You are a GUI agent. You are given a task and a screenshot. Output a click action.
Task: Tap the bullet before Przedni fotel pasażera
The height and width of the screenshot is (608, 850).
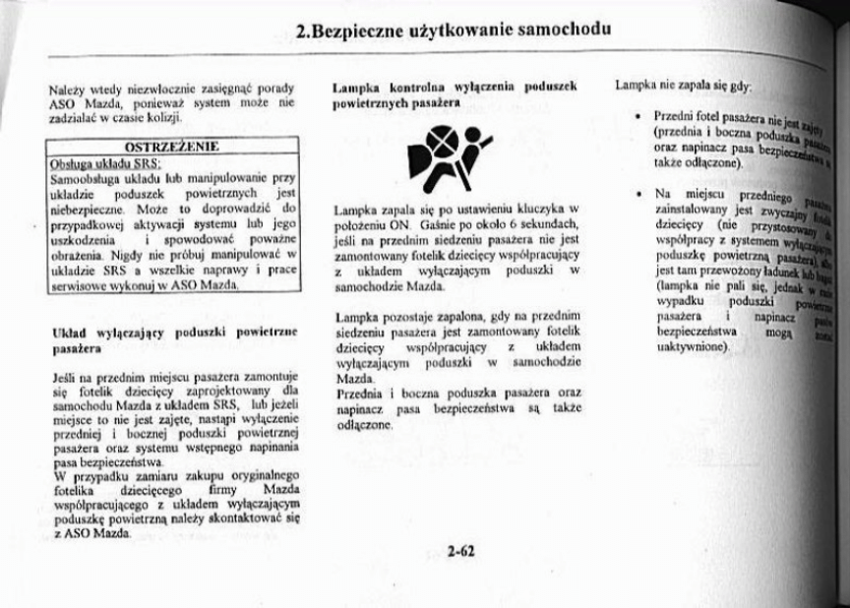click(639, 117)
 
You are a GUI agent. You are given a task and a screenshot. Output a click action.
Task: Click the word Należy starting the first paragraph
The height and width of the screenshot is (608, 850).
click(66, 89)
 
